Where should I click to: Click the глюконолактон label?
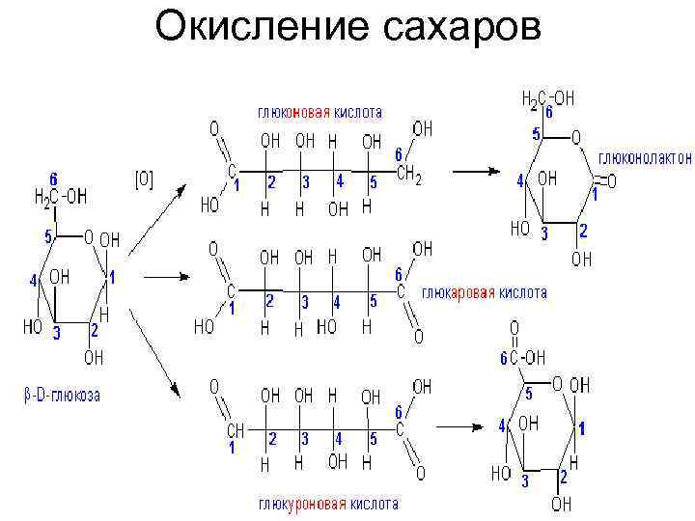645,157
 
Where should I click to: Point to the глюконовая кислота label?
319,112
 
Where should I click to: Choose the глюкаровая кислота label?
485,291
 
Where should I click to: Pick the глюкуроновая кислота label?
327,505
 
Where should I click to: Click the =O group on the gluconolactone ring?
607,180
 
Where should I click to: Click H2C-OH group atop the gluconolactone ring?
548,97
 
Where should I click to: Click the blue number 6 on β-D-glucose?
53,179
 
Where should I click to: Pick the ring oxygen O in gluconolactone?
575,137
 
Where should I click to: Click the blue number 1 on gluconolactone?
596,194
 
